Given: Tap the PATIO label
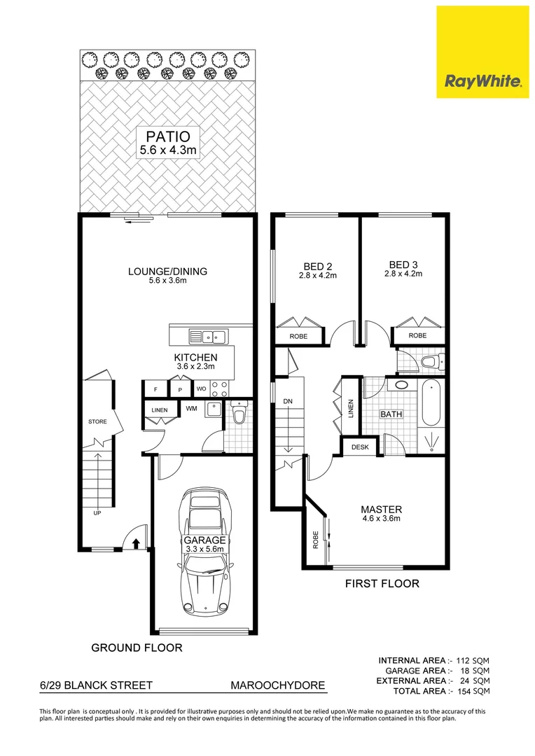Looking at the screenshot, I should pos(167,136).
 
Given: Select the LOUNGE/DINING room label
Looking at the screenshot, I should pos(167,272).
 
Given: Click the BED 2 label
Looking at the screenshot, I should pos(317,266).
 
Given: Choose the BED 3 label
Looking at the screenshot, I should pos(403,265).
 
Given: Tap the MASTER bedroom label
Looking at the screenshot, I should pos(381,509).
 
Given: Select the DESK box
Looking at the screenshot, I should pos(360,447).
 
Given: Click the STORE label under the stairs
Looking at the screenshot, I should pos(97,422).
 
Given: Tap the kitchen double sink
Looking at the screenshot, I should pos(208,337).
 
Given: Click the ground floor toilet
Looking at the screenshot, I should pos(238,414).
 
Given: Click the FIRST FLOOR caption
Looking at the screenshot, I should pos(382,583).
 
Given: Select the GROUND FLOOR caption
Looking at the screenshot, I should pos(137,648).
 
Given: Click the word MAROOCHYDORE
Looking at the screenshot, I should pos(279,685).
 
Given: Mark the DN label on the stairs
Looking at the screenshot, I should pos(287,401).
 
